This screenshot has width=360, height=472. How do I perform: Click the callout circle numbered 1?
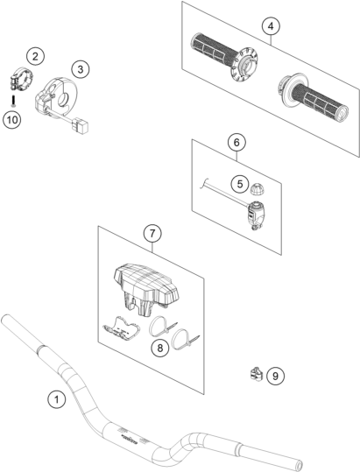(57, 399)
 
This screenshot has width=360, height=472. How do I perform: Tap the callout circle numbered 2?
(36, 56)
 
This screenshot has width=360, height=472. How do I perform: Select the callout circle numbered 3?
(81, 69)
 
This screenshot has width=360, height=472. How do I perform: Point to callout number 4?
(271, 26)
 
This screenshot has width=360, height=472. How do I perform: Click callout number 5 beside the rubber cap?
(240, 184)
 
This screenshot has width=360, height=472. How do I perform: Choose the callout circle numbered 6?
(236, 142)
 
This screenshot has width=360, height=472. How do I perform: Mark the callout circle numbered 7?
(152, 233)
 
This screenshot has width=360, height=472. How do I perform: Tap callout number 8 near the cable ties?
(160, 348)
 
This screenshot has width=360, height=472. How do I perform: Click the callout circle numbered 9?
(275, 376)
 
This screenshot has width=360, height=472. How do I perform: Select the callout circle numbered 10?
(12, 120)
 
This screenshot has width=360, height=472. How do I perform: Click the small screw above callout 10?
(13, 101)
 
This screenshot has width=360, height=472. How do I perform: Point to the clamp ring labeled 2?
(22, 77)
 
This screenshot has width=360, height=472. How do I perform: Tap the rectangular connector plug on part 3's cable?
(80, 125)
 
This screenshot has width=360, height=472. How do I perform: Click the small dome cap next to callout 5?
(258, 188)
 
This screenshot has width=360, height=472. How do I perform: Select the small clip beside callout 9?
(256, 374)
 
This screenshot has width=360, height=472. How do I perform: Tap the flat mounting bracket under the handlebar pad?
(122, 328)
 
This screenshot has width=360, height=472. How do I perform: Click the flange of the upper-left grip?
(244, 64)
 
